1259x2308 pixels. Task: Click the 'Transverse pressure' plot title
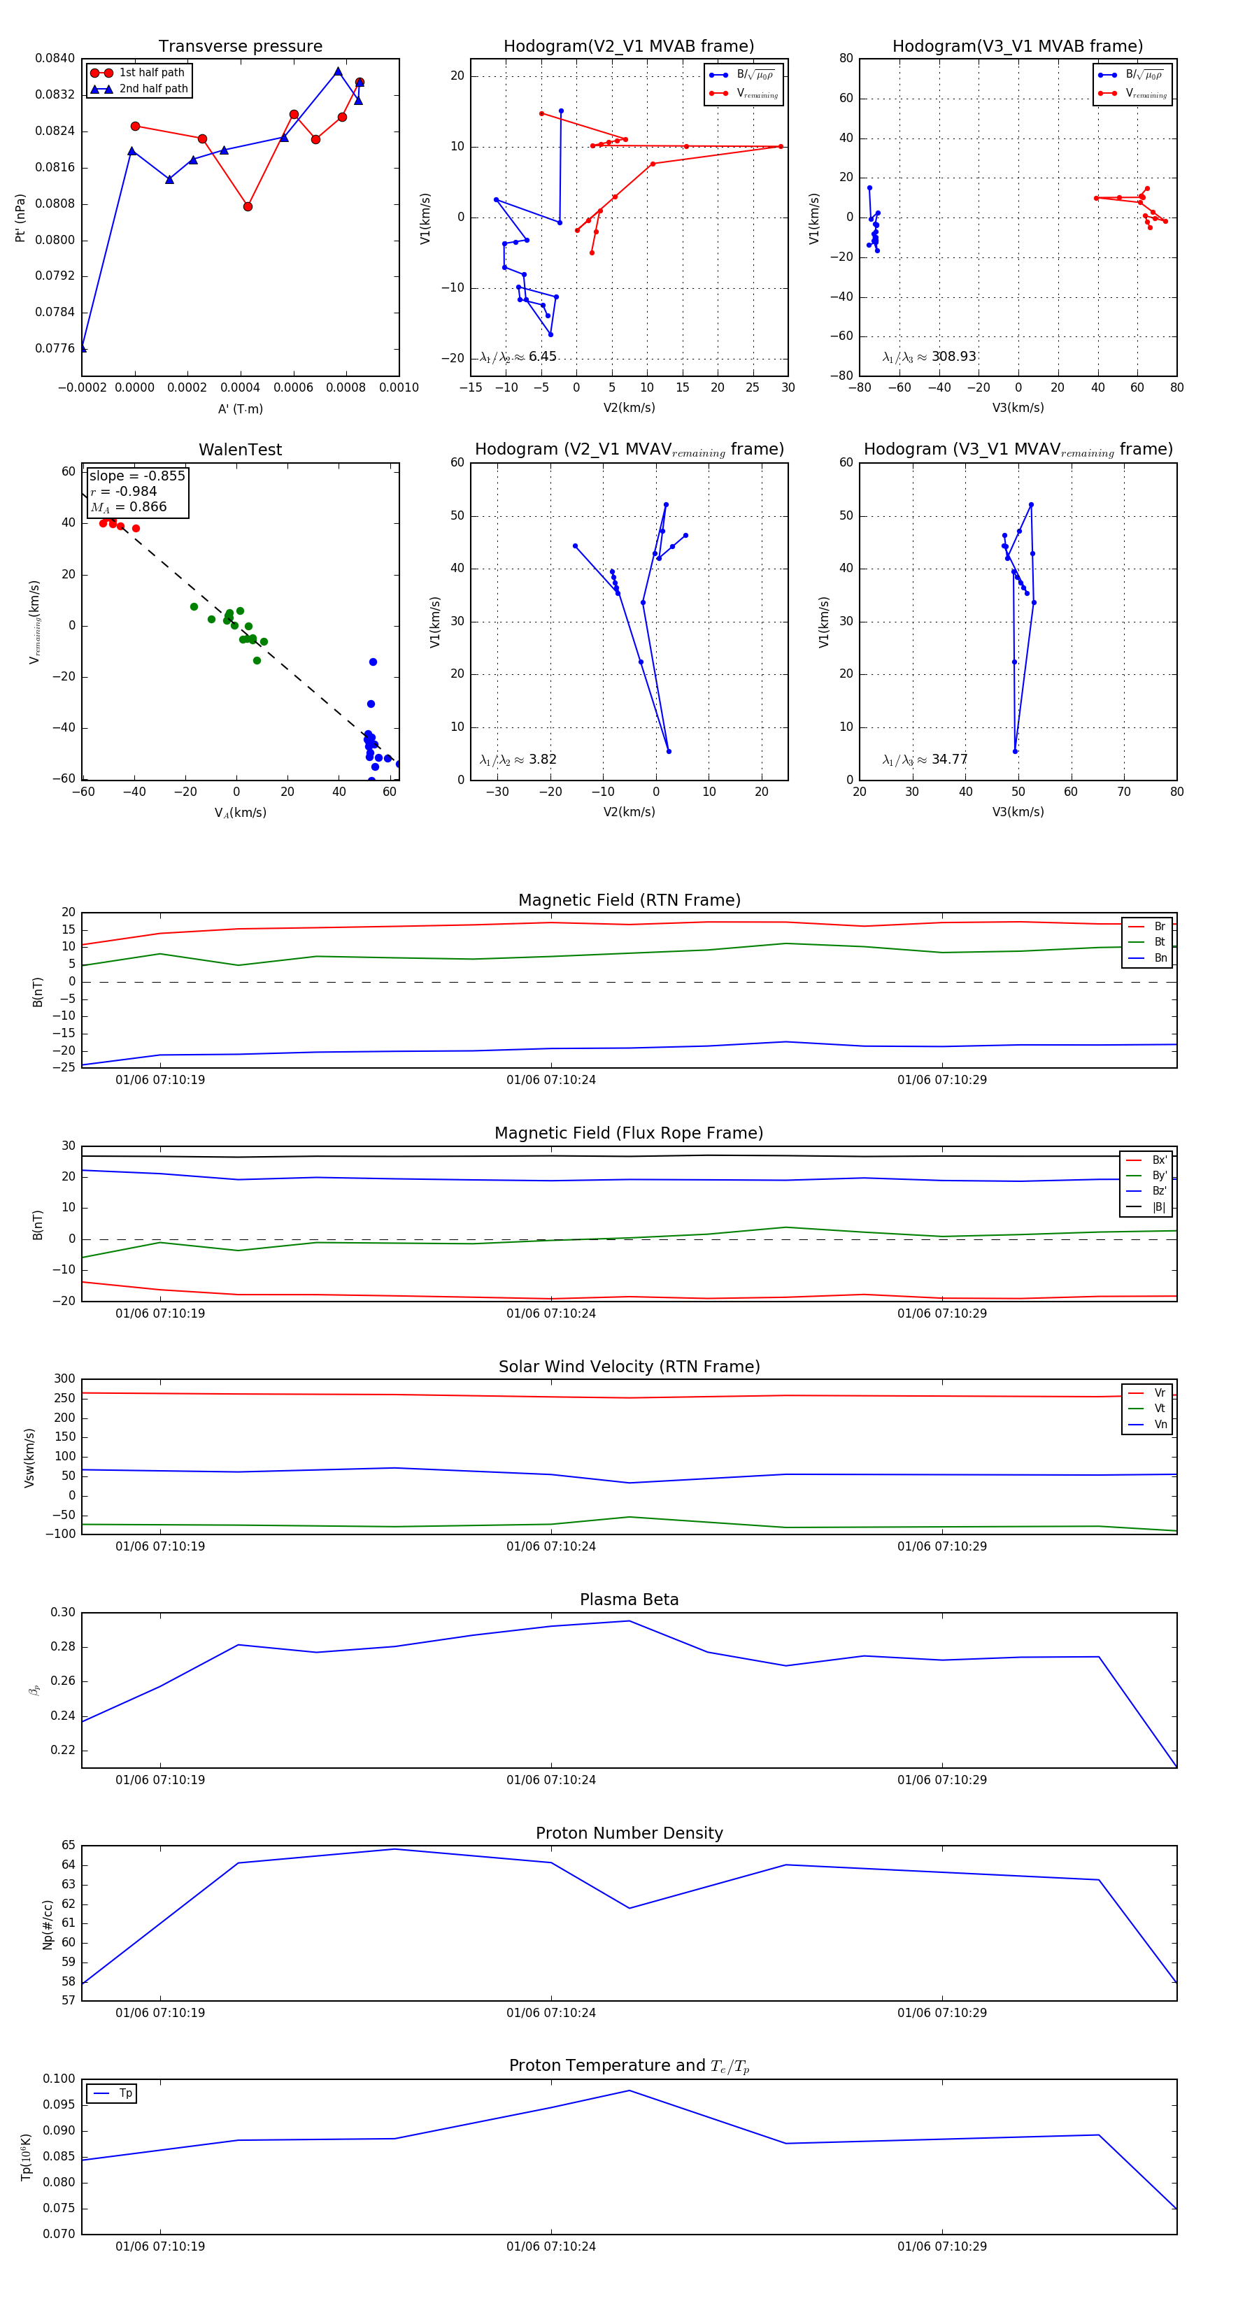[240, 47]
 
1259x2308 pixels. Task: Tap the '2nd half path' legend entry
[153, 89]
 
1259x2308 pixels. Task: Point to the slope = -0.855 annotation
[137, 476]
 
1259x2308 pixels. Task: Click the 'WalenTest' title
[240, 450]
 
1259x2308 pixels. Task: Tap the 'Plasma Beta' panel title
[629, 1600]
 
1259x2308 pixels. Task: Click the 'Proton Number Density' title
[629, 1833]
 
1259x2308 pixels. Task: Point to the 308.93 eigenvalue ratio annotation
[953, 357]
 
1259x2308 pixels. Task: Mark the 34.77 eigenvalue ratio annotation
[949, 760]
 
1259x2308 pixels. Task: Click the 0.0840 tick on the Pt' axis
[55, 58]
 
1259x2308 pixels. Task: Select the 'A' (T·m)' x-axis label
[240, 408]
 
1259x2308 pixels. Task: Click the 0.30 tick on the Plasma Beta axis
[63, 1613]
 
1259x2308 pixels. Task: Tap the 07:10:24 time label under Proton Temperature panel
[550, 2246]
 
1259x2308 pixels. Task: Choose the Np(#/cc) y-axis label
[48, 1925]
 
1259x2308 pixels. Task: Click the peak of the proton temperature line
[629, 2090]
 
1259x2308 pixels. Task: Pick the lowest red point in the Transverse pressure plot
[248, 207]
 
